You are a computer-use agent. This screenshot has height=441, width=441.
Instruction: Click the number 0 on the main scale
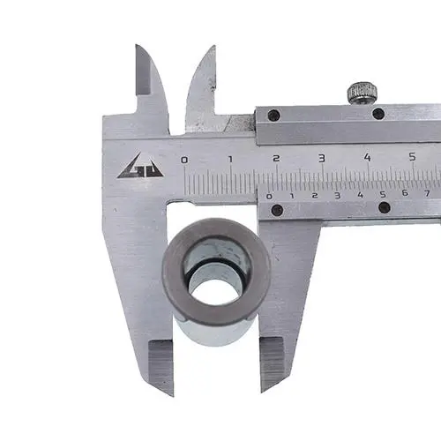[184, 161]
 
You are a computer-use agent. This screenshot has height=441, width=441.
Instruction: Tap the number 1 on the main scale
[230, 160]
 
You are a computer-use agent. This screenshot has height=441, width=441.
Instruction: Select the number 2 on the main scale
[276, 159]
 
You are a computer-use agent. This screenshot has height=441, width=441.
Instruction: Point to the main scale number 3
[322, 158]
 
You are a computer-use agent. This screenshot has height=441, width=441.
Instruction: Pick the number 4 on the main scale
[367, 157]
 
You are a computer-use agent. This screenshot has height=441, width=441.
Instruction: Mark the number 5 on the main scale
[413, 157]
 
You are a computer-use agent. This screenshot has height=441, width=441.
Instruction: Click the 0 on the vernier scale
[269, 197]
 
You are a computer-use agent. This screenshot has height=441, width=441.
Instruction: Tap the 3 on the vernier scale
[338, 195]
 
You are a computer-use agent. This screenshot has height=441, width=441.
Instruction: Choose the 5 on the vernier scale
[383, 194]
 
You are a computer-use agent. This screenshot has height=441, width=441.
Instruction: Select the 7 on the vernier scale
[428, 193]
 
